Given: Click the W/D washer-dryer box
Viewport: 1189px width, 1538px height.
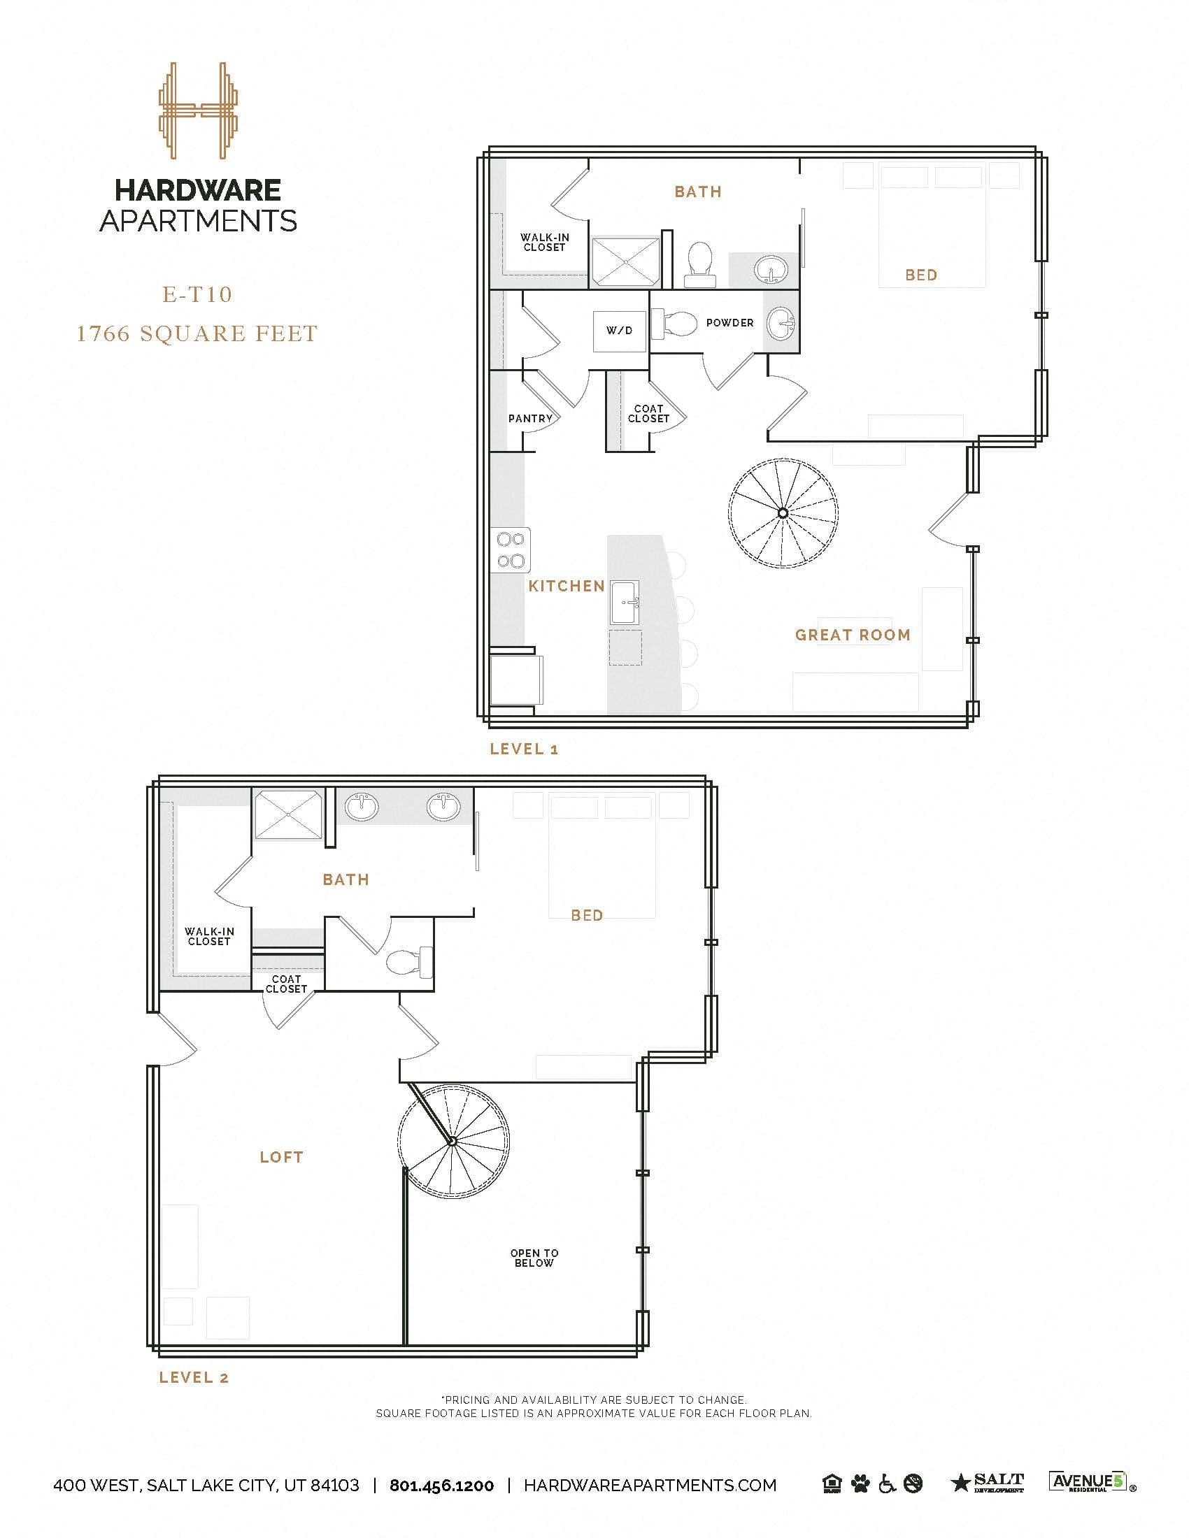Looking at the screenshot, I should click(619, 329).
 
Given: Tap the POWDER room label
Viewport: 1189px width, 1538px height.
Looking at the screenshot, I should click(729, 322).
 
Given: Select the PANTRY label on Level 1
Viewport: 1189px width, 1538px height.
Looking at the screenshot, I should click(530, 418).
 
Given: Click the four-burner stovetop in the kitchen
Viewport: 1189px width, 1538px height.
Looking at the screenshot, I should click(511, 550).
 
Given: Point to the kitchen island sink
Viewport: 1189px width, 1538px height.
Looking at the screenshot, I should click(625, 602).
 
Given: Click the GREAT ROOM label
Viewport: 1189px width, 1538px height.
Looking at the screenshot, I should click(853, 635).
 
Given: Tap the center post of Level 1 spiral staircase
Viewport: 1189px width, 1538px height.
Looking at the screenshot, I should click(783, 513).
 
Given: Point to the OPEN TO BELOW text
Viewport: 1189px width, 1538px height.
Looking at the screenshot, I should click(534, 1258).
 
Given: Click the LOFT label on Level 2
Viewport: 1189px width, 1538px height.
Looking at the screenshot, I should click(281, 1157).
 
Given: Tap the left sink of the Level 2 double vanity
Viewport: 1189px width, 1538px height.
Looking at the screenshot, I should click(362, 806).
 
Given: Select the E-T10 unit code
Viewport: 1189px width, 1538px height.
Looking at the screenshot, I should click(197, 294).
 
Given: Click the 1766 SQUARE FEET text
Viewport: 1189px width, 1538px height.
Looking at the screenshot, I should click(197, 333).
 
